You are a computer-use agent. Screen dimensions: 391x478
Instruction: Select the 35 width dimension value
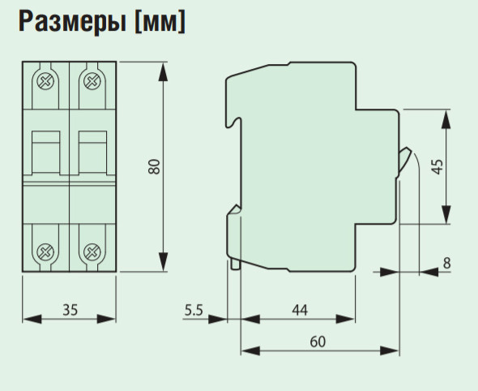(x=70, y=308)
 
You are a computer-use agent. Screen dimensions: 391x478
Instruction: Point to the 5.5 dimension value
(x=194, y=308)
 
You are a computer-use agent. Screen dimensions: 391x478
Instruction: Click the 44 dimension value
(x=300, y=309)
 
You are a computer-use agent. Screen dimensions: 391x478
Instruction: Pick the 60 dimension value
(x=318, y=342)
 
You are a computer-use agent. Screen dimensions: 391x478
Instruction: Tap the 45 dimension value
(x=437, y=168)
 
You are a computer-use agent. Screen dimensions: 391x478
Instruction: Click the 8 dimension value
(x=446, y=263)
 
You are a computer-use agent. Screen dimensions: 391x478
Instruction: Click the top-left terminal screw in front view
(x=45, y=81)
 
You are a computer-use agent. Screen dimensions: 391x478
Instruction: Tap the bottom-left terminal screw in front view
(x=45, y=251)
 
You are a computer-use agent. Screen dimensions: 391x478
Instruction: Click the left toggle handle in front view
(x=45, y=153)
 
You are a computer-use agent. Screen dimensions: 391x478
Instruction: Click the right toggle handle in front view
(x=92, y=153)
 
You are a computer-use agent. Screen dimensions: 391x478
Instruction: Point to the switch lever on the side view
(x=404, y=158)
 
